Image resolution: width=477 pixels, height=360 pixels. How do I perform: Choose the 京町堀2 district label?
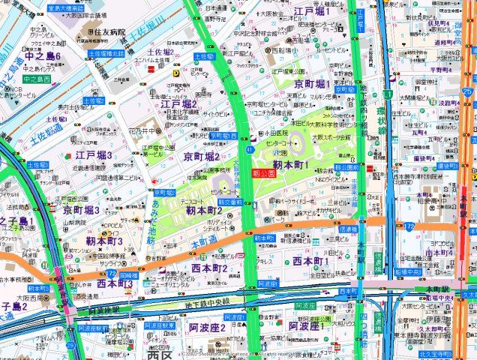pyautogui.click(x=201, y=156)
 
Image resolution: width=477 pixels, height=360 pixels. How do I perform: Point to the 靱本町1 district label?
pyautogui.click(x=291, y=163)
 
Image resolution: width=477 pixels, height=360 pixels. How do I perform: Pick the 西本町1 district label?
pyautogui.click(x=310, y=260)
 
